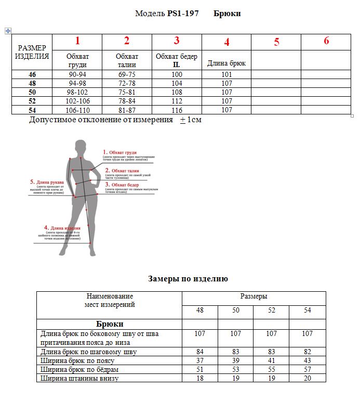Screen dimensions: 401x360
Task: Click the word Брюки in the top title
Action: (227, 14)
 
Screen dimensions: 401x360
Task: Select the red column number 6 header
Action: (326, 41)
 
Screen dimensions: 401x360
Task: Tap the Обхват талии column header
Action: (127, 60)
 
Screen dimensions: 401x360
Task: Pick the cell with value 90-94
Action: (77, 75)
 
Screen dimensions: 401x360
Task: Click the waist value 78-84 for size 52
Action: (127, 101)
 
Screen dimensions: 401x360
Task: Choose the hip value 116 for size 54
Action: (177, 110)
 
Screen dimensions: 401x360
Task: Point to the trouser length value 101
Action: (226, 75)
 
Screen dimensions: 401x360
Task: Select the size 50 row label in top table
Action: (32, 92)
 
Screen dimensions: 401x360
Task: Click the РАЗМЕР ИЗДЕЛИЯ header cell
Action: (32, 53)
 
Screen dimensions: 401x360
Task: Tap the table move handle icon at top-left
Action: (8, 31)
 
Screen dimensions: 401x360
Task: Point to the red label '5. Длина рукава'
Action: (47, 182)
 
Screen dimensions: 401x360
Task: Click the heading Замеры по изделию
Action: (188, 279)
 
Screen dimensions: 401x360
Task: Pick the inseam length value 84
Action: (199, 352)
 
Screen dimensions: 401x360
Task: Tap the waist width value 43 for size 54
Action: (307, 360)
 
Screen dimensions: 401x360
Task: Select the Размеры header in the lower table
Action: (254, 296)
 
